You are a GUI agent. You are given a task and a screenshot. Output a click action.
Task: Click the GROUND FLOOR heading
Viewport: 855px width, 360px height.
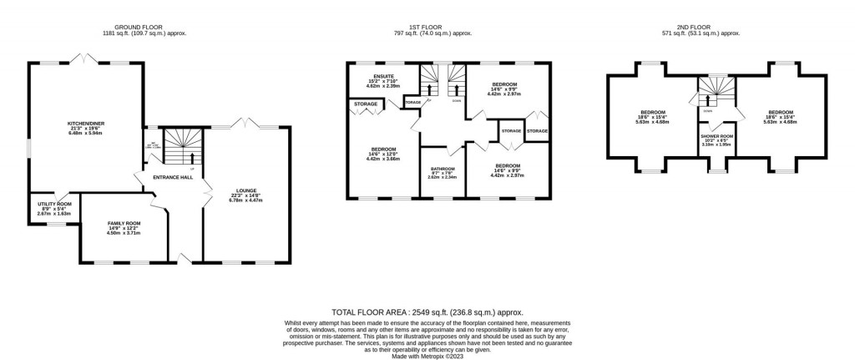click(139, 27)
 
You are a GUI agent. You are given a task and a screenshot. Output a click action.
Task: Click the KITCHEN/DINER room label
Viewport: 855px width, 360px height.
click(85, 123)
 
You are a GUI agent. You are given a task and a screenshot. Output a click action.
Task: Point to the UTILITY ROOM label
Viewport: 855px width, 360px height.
click(54, 203)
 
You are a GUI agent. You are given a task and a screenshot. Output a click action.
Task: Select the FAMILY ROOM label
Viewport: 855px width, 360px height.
click(124, 223)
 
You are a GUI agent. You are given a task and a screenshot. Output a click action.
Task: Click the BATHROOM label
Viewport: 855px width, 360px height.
click(442, 168)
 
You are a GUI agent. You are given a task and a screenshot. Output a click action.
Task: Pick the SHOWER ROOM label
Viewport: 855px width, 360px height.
click(716, 135)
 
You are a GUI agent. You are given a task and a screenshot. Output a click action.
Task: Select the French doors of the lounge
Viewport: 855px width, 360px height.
click(249, 124)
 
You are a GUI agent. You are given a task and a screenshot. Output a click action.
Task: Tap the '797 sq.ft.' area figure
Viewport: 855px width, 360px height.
click(402, 33)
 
